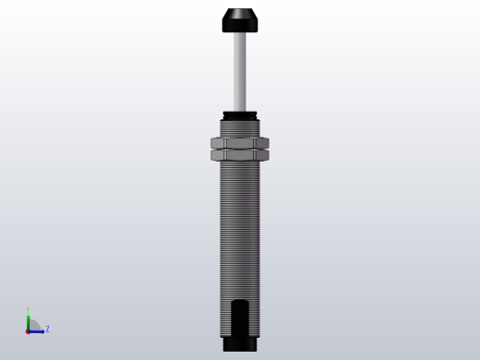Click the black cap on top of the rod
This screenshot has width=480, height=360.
point(240,20)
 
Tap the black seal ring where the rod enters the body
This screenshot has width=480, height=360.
point(240,114)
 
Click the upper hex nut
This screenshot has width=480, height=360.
point(240,143)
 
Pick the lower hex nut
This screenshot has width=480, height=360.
point(240,155)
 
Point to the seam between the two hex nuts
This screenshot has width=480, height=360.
point(240,150)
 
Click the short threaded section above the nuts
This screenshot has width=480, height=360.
point(240,127)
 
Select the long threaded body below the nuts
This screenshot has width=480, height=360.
point(240,231)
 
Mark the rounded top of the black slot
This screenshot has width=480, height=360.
point(240,303)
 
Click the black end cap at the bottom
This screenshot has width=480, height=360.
point(240,345)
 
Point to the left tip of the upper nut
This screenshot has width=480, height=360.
point(212,143)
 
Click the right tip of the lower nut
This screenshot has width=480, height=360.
point(268,155)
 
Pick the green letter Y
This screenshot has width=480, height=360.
point(29,310)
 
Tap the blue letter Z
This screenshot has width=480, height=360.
point(47,329)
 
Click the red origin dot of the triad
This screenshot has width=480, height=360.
point(29,330)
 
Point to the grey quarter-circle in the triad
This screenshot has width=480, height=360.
point(33,326)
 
